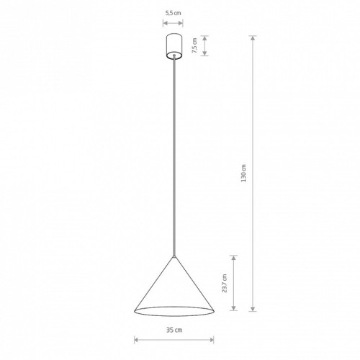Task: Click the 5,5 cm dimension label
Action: point(173,13)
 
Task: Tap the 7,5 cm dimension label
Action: point(194,45)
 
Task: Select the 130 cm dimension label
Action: point(243,173)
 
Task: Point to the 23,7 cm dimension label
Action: point(225,283)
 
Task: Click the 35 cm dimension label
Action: point(174,330)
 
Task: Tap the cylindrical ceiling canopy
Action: point(174,46)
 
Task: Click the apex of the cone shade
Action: point(174,256)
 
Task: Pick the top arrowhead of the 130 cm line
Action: point(253,38)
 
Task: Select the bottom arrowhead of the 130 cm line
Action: point(253,309)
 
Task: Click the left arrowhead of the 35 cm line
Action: point(137,340)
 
